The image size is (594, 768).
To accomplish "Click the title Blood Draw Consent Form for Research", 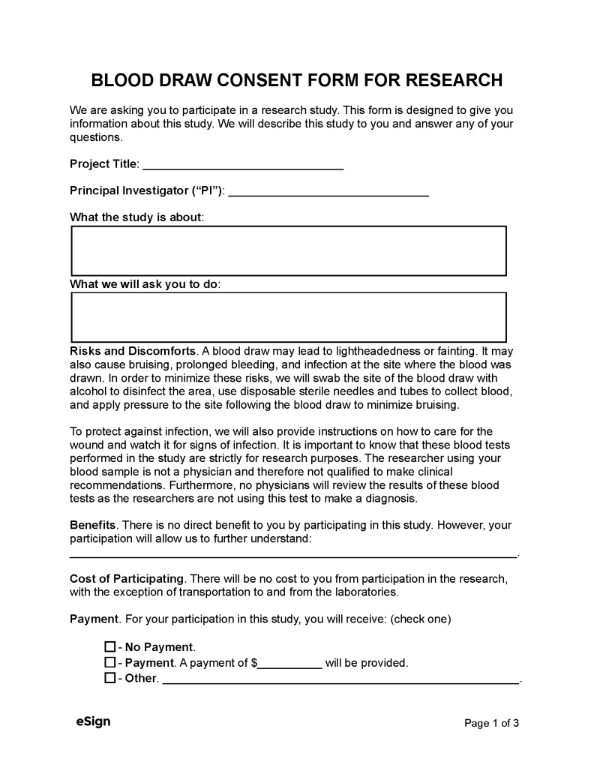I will [x=296, y=80].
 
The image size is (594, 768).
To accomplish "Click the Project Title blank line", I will [x=243, y=164].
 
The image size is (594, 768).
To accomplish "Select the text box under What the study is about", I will [x=289, y=251].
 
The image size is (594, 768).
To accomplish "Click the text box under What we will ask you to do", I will [x=289, y=317].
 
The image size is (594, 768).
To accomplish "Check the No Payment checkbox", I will [x=109, y=646].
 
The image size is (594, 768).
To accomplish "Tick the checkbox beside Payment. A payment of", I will [x=109, y=662].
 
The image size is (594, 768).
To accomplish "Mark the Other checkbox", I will [x=109, y=678].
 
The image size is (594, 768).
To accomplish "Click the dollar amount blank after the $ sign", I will [x=290, y=663].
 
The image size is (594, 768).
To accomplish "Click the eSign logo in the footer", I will [x=93, y=721].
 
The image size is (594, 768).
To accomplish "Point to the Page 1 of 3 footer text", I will [x=492, y=723].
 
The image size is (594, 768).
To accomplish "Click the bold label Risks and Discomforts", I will [x=133, y=350].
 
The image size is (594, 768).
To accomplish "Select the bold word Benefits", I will [x=92, y=525].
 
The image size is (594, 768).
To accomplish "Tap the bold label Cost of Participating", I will [x=126, y=578].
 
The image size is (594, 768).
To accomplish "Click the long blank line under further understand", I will [x=293, y=555].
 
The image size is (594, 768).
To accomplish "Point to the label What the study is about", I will [x=136, y=217].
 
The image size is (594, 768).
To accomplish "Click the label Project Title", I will [x=103, y=164].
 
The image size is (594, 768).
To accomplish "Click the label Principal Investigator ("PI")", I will [x=146, y=190].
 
